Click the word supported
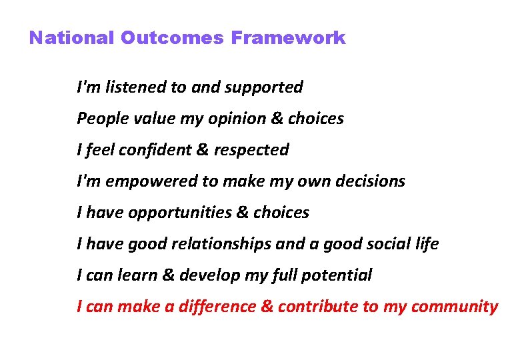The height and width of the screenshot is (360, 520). (x=265, y=87)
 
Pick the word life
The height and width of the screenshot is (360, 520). (x=427, y=244)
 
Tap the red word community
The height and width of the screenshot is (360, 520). (x=455, y=307)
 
